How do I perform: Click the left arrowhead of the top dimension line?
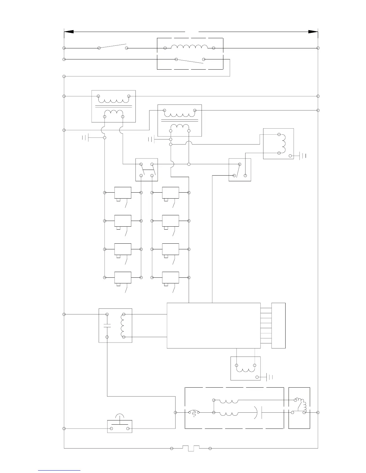(x=69, y=31)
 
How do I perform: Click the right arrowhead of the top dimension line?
(x=313, y=31)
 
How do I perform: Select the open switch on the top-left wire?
(x=113, y=47)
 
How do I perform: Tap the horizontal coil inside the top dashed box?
(x=189, y=47)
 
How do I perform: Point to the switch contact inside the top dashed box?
(x=190, y=61)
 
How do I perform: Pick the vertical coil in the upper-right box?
(x=283, y=144)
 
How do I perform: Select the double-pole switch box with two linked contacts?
(x=147, y=170)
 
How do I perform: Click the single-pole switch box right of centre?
(x=240, y=170)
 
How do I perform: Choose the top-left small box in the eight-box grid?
(x=123, y=193)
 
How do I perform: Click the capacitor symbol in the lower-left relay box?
(x=107, y=325)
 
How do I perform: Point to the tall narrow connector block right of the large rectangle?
(x=278, y=325)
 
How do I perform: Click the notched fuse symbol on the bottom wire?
(x=191, y=449)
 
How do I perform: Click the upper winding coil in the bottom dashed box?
(x=229, y=400)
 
